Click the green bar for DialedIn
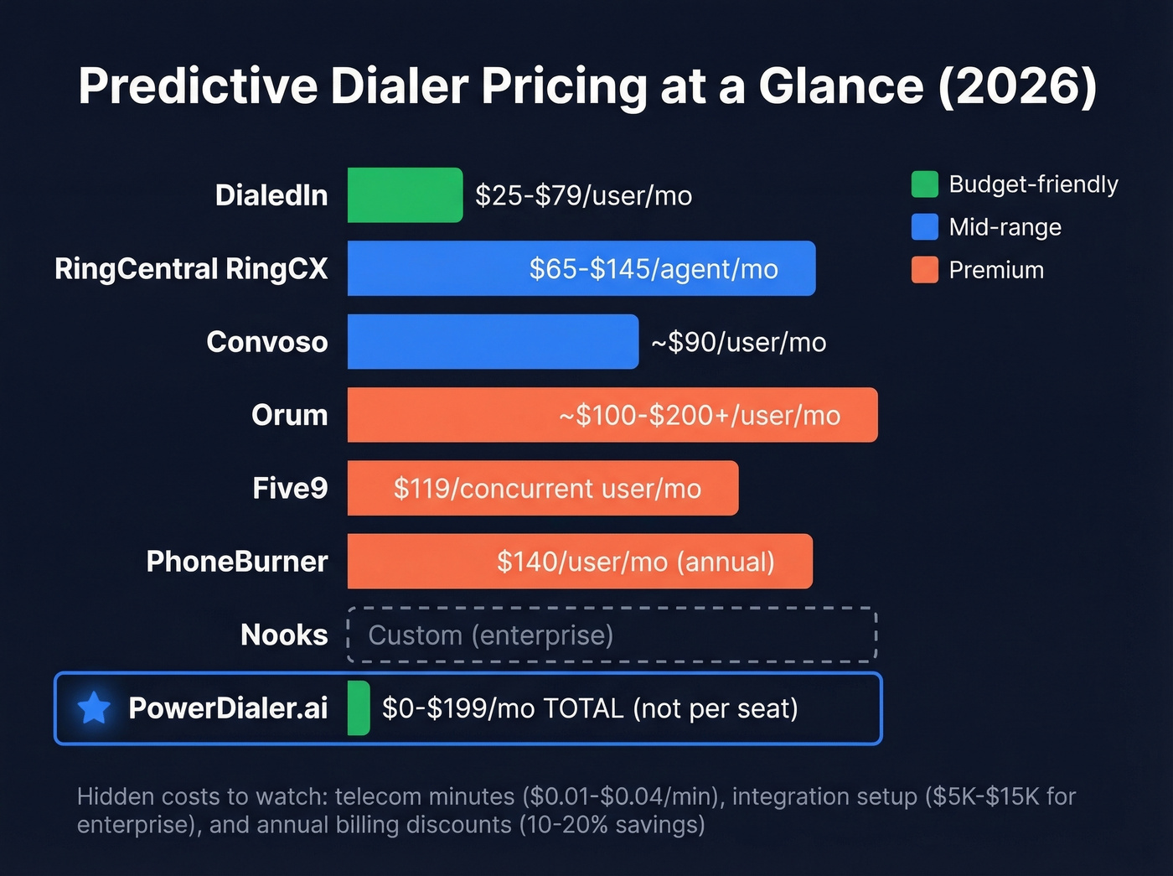(x=405, y=195)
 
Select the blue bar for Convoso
(x=493, y=342)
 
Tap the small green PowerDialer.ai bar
(x=359, y=708)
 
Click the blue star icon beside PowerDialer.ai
(x=94, y=708)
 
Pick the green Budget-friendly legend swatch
(x=924, y=184)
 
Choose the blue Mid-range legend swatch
(x=924, y=227)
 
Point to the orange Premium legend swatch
(x=924, y=270)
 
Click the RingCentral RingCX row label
(x=191, y=269)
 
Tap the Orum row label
(x=289, y=415)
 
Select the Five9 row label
(x=290, y=488)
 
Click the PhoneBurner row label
(x=236, y=562)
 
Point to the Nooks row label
(x=283, y=635)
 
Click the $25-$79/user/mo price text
(x=583, y=195)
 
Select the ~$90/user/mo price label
(x=738, y=342)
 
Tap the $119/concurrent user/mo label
(x=547, y=489)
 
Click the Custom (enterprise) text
(x=490, y=635)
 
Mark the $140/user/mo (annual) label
(x=635, y=562)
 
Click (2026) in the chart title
(x=1017, y=86)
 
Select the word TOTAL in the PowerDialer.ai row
(x=583, y=708)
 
